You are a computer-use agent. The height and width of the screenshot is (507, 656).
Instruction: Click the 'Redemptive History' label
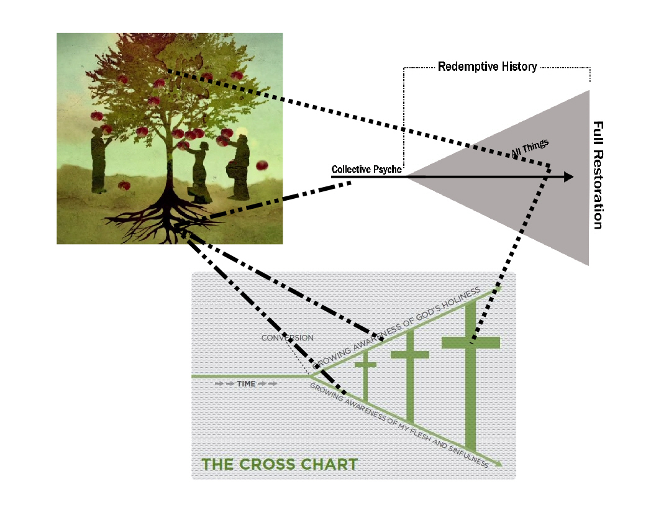(487, 66)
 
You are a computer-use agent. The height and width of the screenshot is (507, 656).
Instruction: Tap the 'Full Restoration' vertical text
(598, 175)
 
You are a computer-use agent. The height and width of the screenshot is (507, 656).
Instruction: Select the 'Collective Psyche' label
(367, 169)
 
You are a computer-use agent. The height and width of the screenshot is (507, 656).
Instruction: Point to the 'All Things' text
(530, 148)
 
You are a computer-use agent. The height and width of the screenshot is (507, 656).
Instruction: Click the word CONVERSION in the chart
(287, 337)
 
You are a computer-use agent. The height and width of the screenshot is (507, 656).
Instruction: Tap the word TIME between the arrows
(246, 384)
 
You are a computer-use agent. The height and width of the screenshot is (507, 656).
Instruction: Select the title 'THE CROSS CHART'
(280, 464)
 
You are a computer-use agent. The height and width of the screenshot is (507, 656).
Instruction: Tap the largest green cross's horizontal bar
(471, 342)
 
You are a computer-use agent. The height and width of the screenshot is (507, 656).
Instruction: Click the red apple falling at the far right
(262, 165)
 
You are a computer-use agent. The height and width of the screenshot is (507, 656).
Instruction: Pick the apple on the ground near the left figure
(124, 185)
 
